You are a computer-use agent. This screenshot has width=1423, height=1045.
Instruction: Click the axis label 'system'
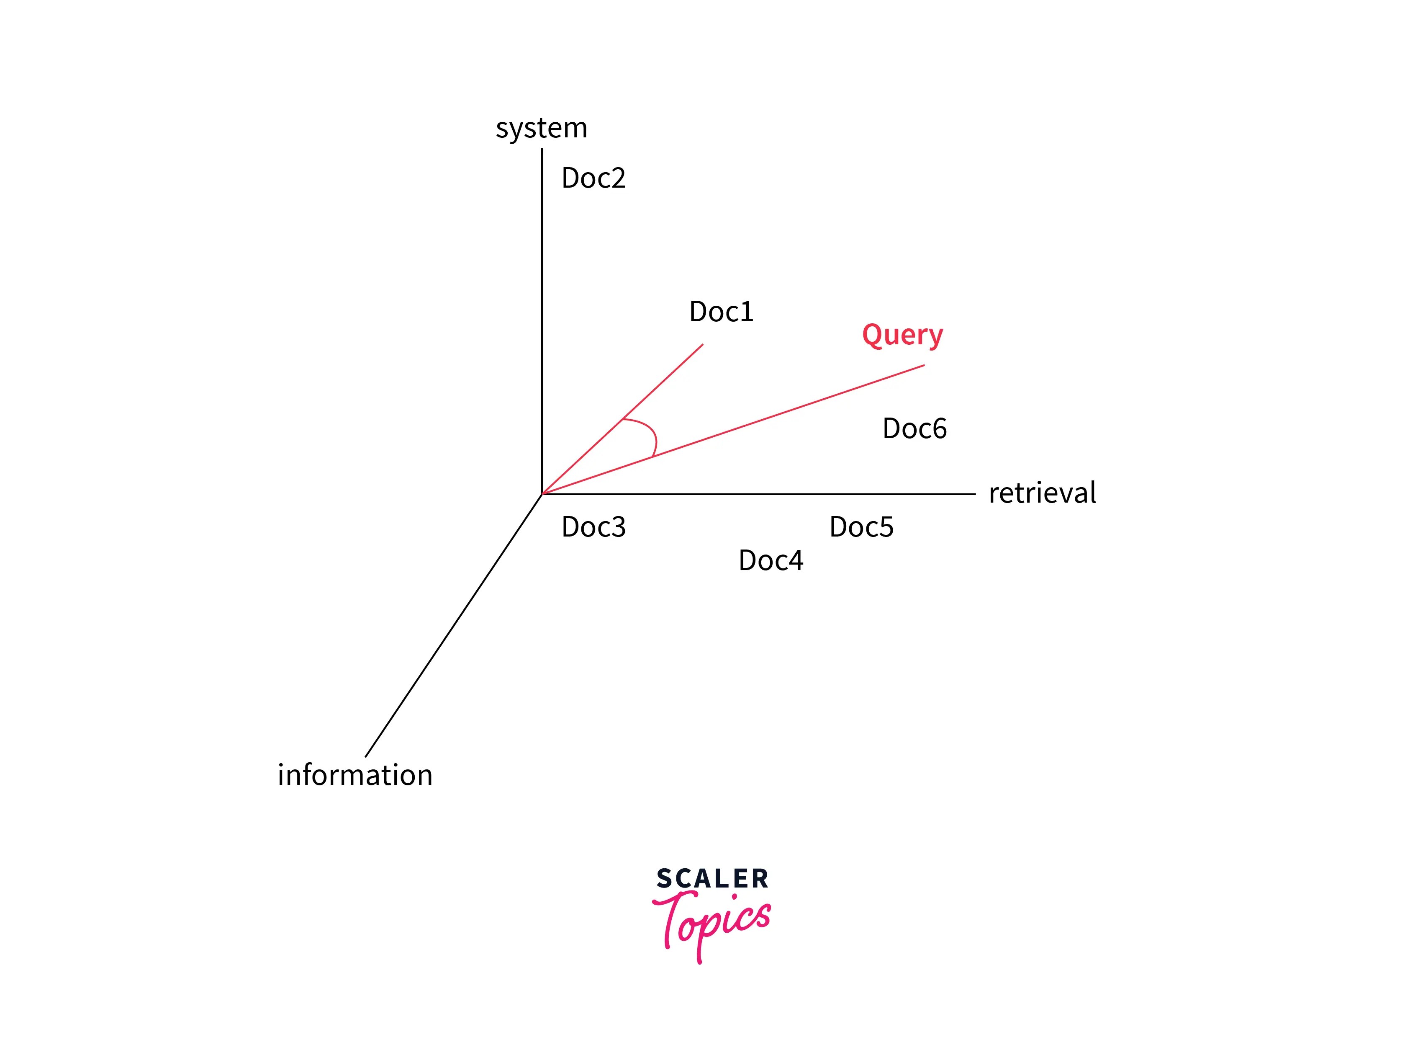point(541,129)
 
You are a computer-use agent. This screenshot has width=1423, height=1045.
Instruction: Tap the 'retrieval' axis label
point(1042,493)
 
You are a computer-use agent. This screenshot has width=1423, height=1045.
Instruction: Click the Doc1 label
point(721,312)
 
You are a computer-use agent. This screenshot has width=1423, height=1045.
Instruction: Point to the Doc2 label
point(593,178)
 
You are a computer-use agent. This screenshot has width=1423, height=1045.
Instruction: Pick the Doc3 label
point(593,527)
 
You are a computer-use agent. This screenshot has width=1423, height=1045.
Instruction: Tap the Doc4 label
point(770,560)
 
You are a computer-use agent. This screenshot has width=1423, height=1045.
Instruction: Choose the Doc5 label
point(861,527)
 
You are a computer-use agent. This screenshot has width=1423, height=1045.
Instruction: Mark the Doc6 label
point(914,429)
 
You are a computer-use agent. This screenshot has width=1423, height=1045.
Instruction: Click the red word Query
point(902,335)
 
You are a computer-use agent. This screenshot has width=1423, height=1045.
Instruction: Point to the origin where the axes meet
point(542,494)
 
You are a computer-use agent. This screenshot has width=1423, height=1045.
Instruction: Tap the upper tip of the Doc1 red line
point(702,345)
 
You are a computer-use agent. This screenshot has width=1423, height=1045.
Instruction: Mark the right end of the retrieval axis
point(974,494)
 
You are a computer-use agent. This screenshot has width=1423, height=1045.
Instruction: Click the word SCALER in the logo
point(712,879)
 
